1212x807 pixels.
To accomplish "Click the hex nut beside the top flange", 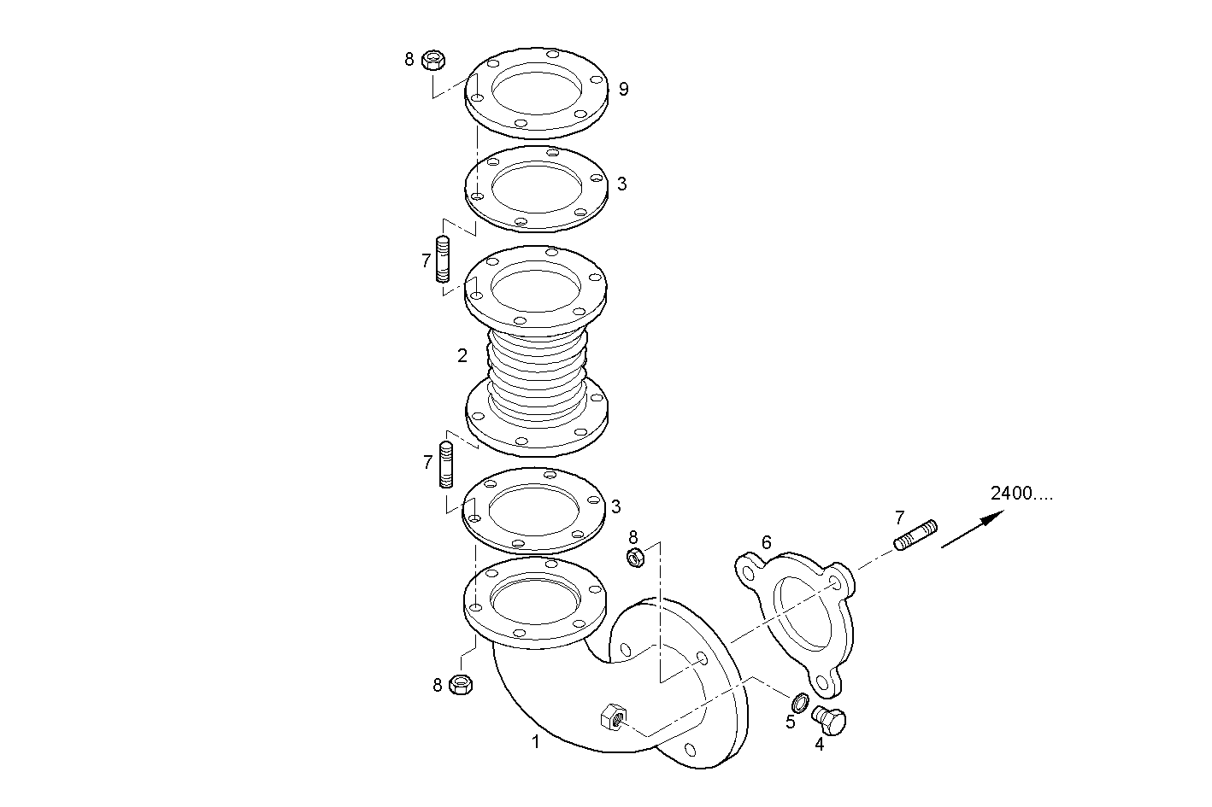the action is point(433,60).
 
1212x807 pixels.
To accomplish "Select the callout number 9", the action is point(623,89).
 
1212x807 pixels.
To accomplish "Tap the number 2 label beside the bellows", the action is point(462,355).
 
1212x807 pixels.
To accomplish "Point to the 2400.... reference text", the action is point(1021,494).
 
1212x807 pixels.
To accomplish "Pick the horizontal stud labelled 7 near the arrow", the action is point(915,535).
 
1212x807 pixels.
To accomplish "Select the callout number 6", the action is point(766,542).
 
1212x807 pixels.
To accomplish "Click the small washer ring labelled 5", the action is point(800,702).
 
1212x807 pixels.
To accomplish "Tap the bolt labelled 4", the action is point(829,720).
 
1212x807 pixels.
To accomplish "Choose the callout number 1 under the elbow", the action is point(536,742).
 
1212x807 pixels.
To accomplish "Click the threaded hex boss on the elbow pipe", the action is point(614,717).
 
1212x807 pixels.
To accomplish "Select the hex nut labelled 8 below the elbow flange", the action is point(461,684).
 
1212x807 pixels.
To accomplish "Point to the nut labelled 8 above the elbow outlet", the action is point(635,558).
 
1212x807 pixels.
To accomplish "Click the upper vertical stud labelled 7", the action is point(443,259).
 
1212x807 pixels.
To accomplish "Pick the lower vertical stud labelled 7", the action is point(446,465).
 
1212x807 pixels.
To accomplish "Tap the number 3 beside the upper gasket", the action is point(622,184).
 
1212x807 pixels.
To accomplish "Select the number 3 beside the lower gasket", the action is point(615,507).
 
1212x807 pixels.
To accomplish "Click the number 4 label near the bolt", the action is point(819,745).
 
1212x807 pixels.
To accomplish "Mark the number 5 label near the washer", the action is point(790,722).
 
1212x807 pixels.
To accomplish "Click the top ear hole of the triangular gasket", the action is point(747,572).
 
